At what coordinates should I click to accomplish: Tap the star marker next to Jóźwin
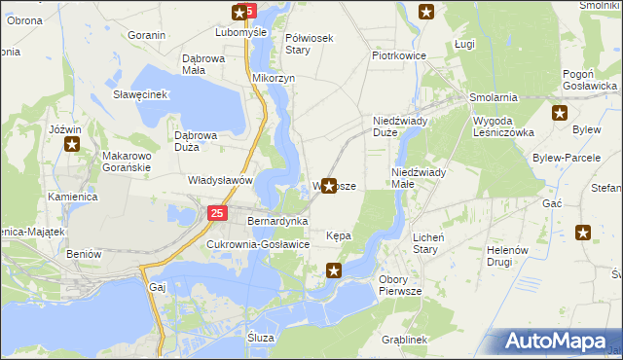point(72,145)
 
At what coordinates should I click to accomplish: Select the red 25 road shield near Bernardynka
point(217,213)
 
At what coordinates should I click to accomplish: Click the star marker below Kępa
point(334,270)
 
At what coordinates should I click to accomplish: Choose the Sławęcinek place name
point(141,94)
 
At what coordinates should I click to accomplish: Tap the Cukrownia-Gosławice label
point(258,244)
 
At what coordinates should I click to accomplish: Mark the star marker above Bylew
point(559,113)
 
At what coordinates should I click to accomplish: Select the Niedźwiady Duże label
point(395,126)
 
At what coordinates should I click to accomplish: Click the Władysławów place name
point(220,180)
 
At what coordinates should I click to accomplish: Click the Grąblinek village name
point(406,340)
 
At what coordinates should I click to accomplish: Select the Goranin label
point(146,35)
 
